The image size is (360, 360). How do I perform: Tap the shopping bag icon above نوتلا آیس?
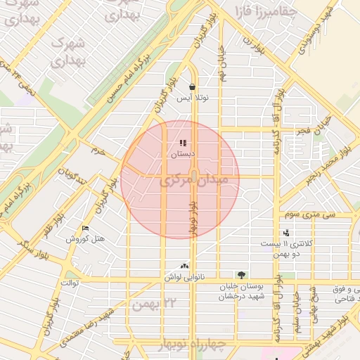192,87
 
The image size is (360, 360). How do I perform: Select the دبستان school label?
183,153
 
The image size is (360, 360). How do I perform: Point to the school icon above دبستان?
183,143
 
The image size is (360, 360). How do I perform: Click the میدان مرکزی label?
195,181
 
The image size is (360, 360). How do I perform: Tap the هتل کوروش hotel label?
86,239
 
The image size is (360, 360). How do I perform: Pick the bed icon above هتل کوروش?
86,229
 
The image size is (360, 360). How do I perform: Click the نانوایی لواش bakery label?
185,277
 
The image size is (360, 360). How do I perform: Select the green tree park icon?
242,275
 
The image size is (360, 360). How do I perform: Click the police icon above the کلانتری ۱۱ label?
285,233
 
